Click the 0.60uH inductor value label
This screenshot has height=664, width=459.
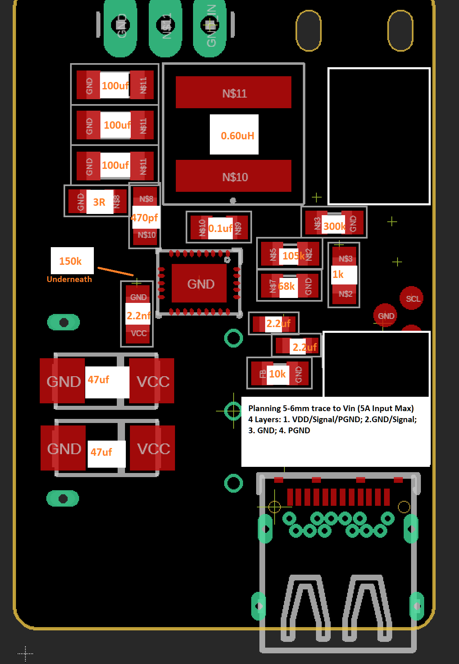coord(237,136)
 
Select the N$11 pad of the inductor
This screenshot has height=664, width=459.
coord(234,93)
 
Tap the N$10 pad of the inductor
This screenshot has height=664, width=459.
coord(234,176)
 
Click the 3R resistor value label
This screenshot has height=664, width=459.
coord(99,202)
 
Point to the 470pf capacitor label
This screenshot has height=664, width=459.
coord(145,218)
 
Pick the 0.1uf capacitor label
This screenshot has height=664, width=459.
coord(220,228)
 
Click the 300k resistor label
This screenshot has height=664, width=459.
coord(334,226)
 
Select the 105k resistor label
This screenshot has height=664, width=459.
coord(293,256)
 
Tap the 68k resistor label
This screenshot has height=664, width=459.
coord(286,286)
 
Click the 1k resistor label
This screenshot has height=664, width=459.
coord(339,274)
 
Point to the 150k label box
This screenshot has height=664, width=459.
coord(72,261)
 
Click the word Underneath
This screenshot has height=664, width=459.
coord(69,279)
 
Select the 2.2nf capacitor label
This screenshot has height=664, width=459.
coord(138,316)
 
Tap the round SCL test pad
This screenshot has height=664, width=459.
coord(411,298)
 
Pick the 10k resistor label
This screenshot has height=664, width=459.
coord(277,374)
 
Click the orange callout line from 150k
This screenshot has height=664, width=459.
coord(115,271)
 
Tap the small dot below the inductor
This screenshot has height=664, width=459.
coord(233,200)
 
